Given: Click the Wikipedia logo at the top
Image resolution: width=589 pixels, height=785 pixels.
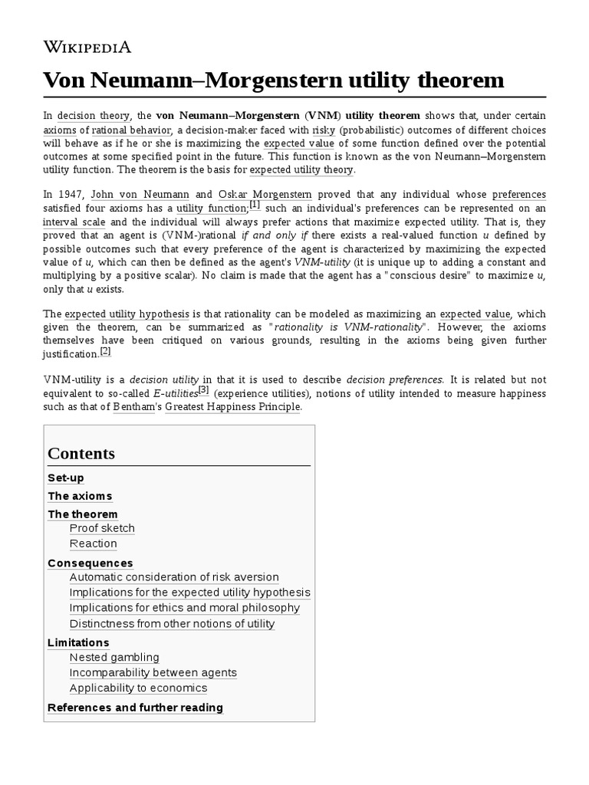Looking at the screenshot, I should coord(87,48).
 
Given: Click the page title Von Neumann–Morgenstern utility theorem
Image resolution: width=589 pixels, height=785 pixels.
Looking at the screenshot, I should coord(274,80).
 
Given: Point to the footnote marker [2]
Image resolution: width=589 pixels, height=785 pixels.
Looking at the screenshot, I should coord(106,351).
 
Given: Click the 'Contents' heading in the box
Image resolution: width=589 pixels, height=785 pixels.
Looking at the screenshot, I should coord(81,453).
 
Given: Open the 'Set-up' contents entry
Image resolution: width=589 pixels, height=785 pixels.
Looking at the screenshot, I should coord(66,478).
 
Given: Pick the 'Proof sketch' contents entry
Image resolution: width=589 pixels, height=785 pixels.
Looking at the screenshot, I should coord(102,528).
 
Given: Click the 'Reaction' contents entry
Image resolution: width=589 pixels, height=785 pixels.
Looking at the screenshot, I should coord(94,544).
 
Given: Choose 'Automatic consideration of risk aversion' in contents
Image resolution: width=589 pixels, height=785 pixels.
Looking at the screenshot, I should coord(174,577).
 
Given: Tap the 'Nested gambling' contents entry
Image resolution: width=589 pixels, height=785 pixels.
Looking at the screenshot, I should coord(114,657).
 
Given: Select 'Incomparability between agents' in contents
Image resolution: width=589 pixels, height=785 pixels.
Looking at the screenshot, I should coord(153,672).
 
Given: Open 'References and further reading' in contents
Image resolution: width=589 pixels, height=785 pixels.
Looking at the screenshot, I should coord(135,708).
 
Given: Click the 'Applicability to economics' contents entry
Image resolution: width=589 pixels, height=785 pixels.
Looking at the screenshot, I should coord(138,688).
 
